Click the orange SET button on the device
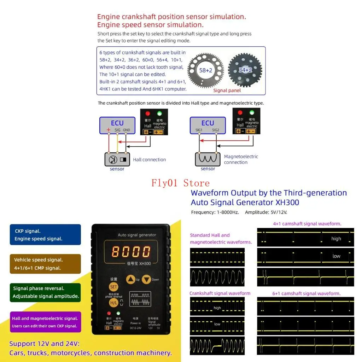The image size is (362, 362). click(x=113, y=287)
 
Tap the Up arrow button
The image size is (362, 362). click(x=131, y=279)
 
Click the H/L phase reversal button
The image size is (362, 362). click(x=113, y=303)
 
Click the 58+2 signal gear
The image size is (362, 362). click(x=205, y=70)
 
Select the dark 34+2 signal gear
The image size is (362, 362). click(x=245, y=70)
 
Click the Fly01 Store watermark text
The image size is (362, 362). click(x=180, y=183)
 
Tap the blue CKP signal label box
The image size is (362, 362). click(x=45, y=235)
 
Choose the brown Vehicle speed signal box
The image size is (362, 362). click(x=45, y=264)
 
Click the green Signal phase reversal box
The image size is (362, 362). click(x=45, y=292)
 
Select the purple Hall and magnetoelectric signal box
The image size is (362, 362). click(x=45, y=322)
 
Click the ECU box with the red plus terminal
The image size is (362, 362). click(x=117, y=125)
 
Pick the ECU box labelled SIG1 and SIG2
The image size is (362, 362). click(x=208, y=125)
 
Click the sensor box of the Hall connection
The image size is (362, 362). click(x=117, y=159)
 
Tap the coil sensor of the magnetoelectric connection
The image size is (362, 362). click(x=208, y=159)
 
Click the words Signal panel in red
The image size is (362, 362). click(x=227, y=90)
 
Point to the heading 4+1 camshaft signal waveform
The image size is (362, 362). click(x=307, y=224)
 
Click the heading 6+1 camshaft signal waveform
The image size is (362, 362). click(x=306, y=293)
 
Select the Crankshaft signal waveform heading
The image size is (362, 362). click(x=220, y=293)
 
